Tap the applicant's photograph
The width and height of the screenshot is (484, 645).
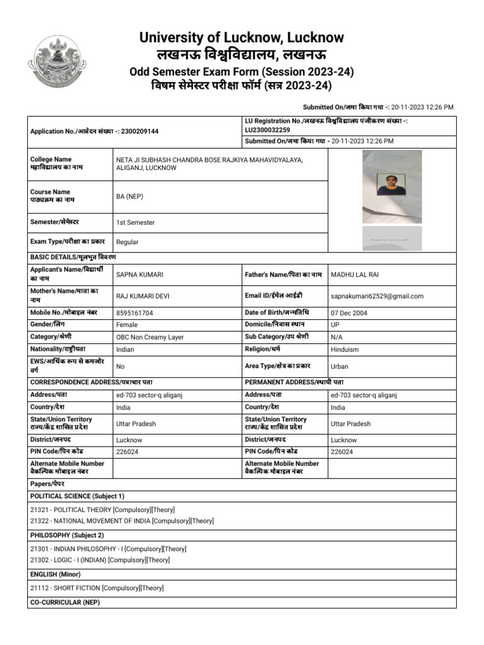coord(391,187)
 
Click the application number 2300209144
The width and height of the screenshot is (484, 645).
coord(139,131)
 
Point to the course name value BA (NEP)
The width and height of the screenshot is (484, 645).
coord(130,197)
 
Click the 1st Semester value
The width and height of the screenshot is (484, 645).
coord(135,222)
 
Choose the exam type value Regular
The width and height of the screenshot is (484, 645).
coord(127,242)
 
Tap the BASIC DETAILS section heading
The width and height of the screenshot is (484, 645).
coord(73,257)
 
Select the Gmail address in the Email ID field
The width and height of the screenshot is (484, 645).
coord(377,296)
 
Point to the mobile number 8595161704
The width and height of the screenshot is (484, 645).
coord(135,312)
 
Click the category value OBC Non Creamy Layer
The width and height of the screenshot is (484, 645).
coord(150,337)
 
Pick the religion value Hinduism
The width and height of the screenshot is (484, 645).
coord(345,350)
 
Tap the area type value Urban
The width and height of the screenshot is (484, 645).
coord(339,366)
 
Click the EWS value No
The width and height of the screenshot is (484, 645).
coord(120,366)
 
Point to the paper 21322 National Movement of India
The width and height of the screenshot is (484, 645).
coord(122,521)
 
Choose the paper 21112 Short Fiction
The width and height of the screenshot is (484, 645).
coord(97,588)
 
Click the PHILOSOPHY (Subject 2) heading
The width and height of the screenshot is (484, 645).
coord(67,535)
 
